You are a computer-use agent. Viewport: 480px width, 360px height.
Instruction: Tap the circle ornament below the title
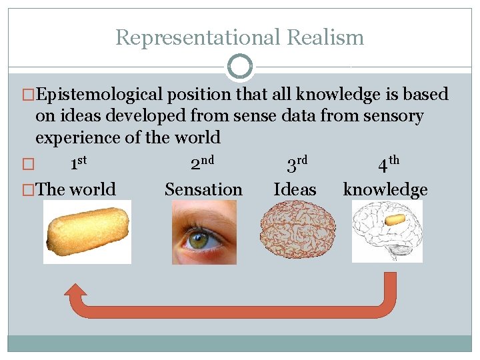(x=240, y=67)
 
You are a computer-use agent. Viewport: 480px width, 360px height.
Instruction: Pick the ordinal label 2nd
(x=201, y=162)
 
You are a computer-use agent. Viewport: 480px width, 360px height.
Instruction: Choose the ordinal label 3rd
(x=296, y=162)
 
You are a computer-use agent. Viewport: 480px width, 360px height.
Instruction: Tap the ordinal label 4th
(x=388, y=162)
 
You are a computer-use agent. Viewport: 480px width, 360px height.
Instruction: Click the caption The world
(x=76, y=189)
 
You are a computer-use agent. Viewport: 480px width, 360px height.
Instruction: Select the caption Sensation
(x=203, y=189)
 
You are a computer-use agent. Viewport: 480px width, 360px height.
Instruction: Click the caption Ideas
(x=295, y=189)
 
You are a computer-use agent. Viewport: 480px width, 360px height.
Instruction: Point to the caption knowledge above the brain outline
(x=385, y=189)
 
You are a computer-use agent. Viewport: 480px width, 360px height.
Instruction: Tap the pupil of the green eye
(x=199, y=241)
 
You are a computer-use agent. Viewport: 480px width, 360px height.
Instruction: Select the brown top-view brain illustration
(x=294, y=233)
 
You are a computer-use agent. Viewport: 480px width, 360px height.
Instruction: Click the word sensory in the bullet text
(x=393, y=116)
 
